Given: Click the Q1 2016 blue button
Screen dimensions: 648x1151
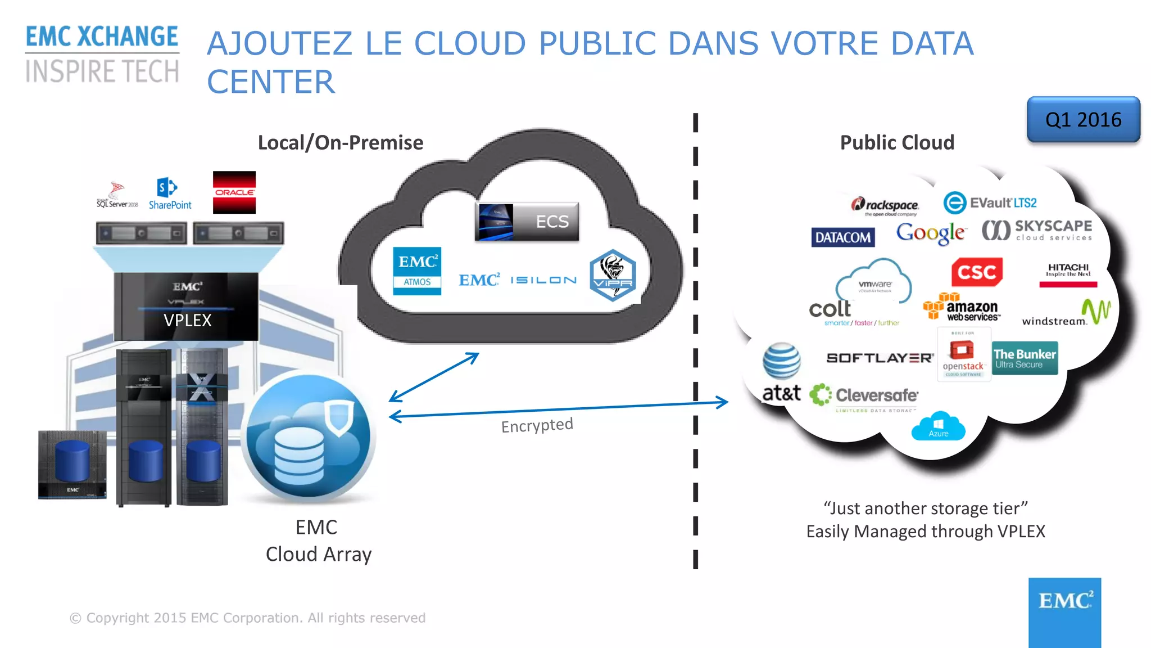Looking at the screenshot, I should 1083,119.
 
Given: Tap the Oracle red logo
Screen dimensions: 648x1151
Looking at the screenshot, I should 234,192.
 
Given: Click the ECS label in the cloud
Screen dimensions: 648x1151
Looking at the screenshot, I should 551,222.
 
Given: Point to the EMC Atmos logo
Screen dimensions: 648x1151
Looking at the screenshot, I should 416,271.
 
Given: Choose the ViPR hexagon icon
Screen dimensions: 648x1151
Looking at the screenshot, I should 613,275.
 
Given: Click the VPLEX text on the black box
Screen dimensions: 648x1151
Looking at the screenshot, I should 187,320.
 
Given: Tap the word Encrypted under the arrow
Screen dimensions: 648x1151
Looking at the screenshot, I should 537,425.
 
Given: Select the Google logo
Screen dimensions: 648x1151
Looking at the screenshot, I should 931,232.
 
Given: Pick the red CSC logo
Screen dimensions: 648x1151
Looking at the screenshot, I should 977,272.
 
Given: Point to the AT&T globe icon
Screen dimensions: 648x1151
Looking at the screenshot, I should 781,361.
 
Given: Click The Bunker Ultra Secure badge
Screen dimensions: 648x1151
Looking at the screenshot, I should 1025,358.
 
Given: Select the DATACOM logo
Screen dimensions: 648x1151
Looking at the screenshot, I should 842,237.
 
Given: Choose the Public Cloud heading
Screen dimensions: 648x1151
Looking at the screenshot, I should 897,142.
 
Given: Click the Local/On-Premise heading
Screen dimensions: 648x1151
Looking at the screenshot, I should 340,142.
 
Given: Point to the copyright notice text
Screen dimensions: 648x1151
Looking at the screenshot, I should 247,618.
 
